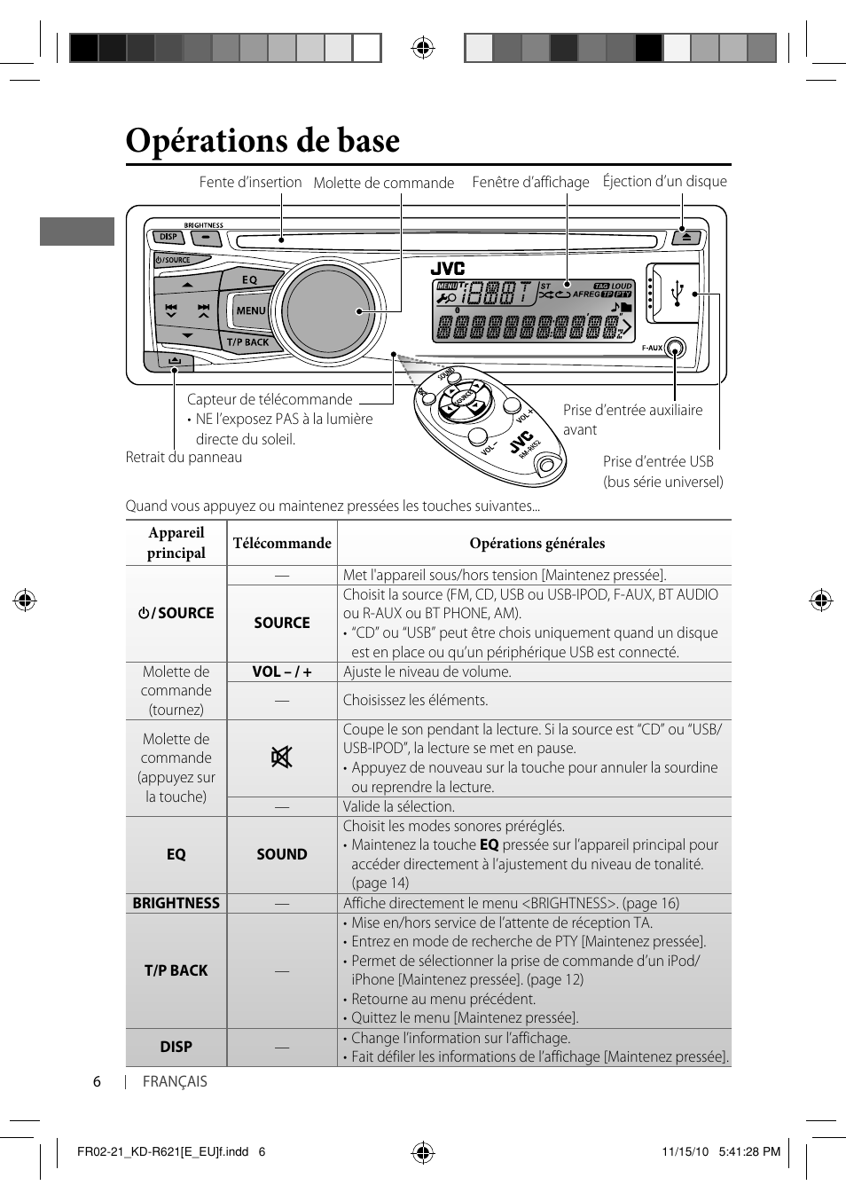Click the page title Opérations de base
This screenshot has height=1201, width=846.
tap(262, 140)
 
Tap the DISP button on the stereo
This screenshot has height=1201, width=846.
tap(168, 237)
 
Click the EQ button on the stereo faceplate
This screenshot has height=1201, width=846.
tap(250, 279)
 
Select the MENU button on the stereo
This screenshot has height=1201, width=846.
tap(250, 310)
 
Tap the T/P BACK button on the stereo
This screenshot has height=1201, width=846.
tap(247, 341)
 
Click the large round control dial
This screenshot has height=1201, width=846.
tap(327, 311)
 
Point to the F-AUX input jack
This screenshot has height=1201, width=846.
tap(675, 349)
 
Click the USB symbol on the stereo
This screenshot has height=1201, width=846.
tap(678, 294)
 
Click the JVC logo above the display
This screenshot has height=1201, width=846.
tap(448, 268)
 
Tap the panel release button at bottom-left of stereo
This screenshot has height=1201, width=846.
tap(168, 361)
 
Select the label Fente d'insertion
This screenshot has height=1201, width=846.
tap(250, 183)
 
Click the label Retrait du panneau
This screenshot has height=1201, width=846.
tap(184, 457)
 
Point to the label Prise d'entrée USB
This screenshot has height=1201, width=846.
tap(658, 461)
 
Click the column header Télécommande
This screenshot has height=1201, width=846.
tap(282, 543)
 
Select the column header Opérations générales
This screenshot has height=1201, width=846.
tap(537, 543)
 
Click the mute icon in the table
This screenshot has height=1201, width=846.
tap(281, 757)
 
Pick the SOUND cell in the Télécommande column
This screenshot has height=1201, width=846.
tap(282, 854)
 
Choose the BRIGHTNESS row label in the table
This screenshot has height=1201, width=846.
tap(176, 903)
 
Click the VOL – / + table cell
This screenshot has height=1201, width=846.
tap(282, 671)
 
